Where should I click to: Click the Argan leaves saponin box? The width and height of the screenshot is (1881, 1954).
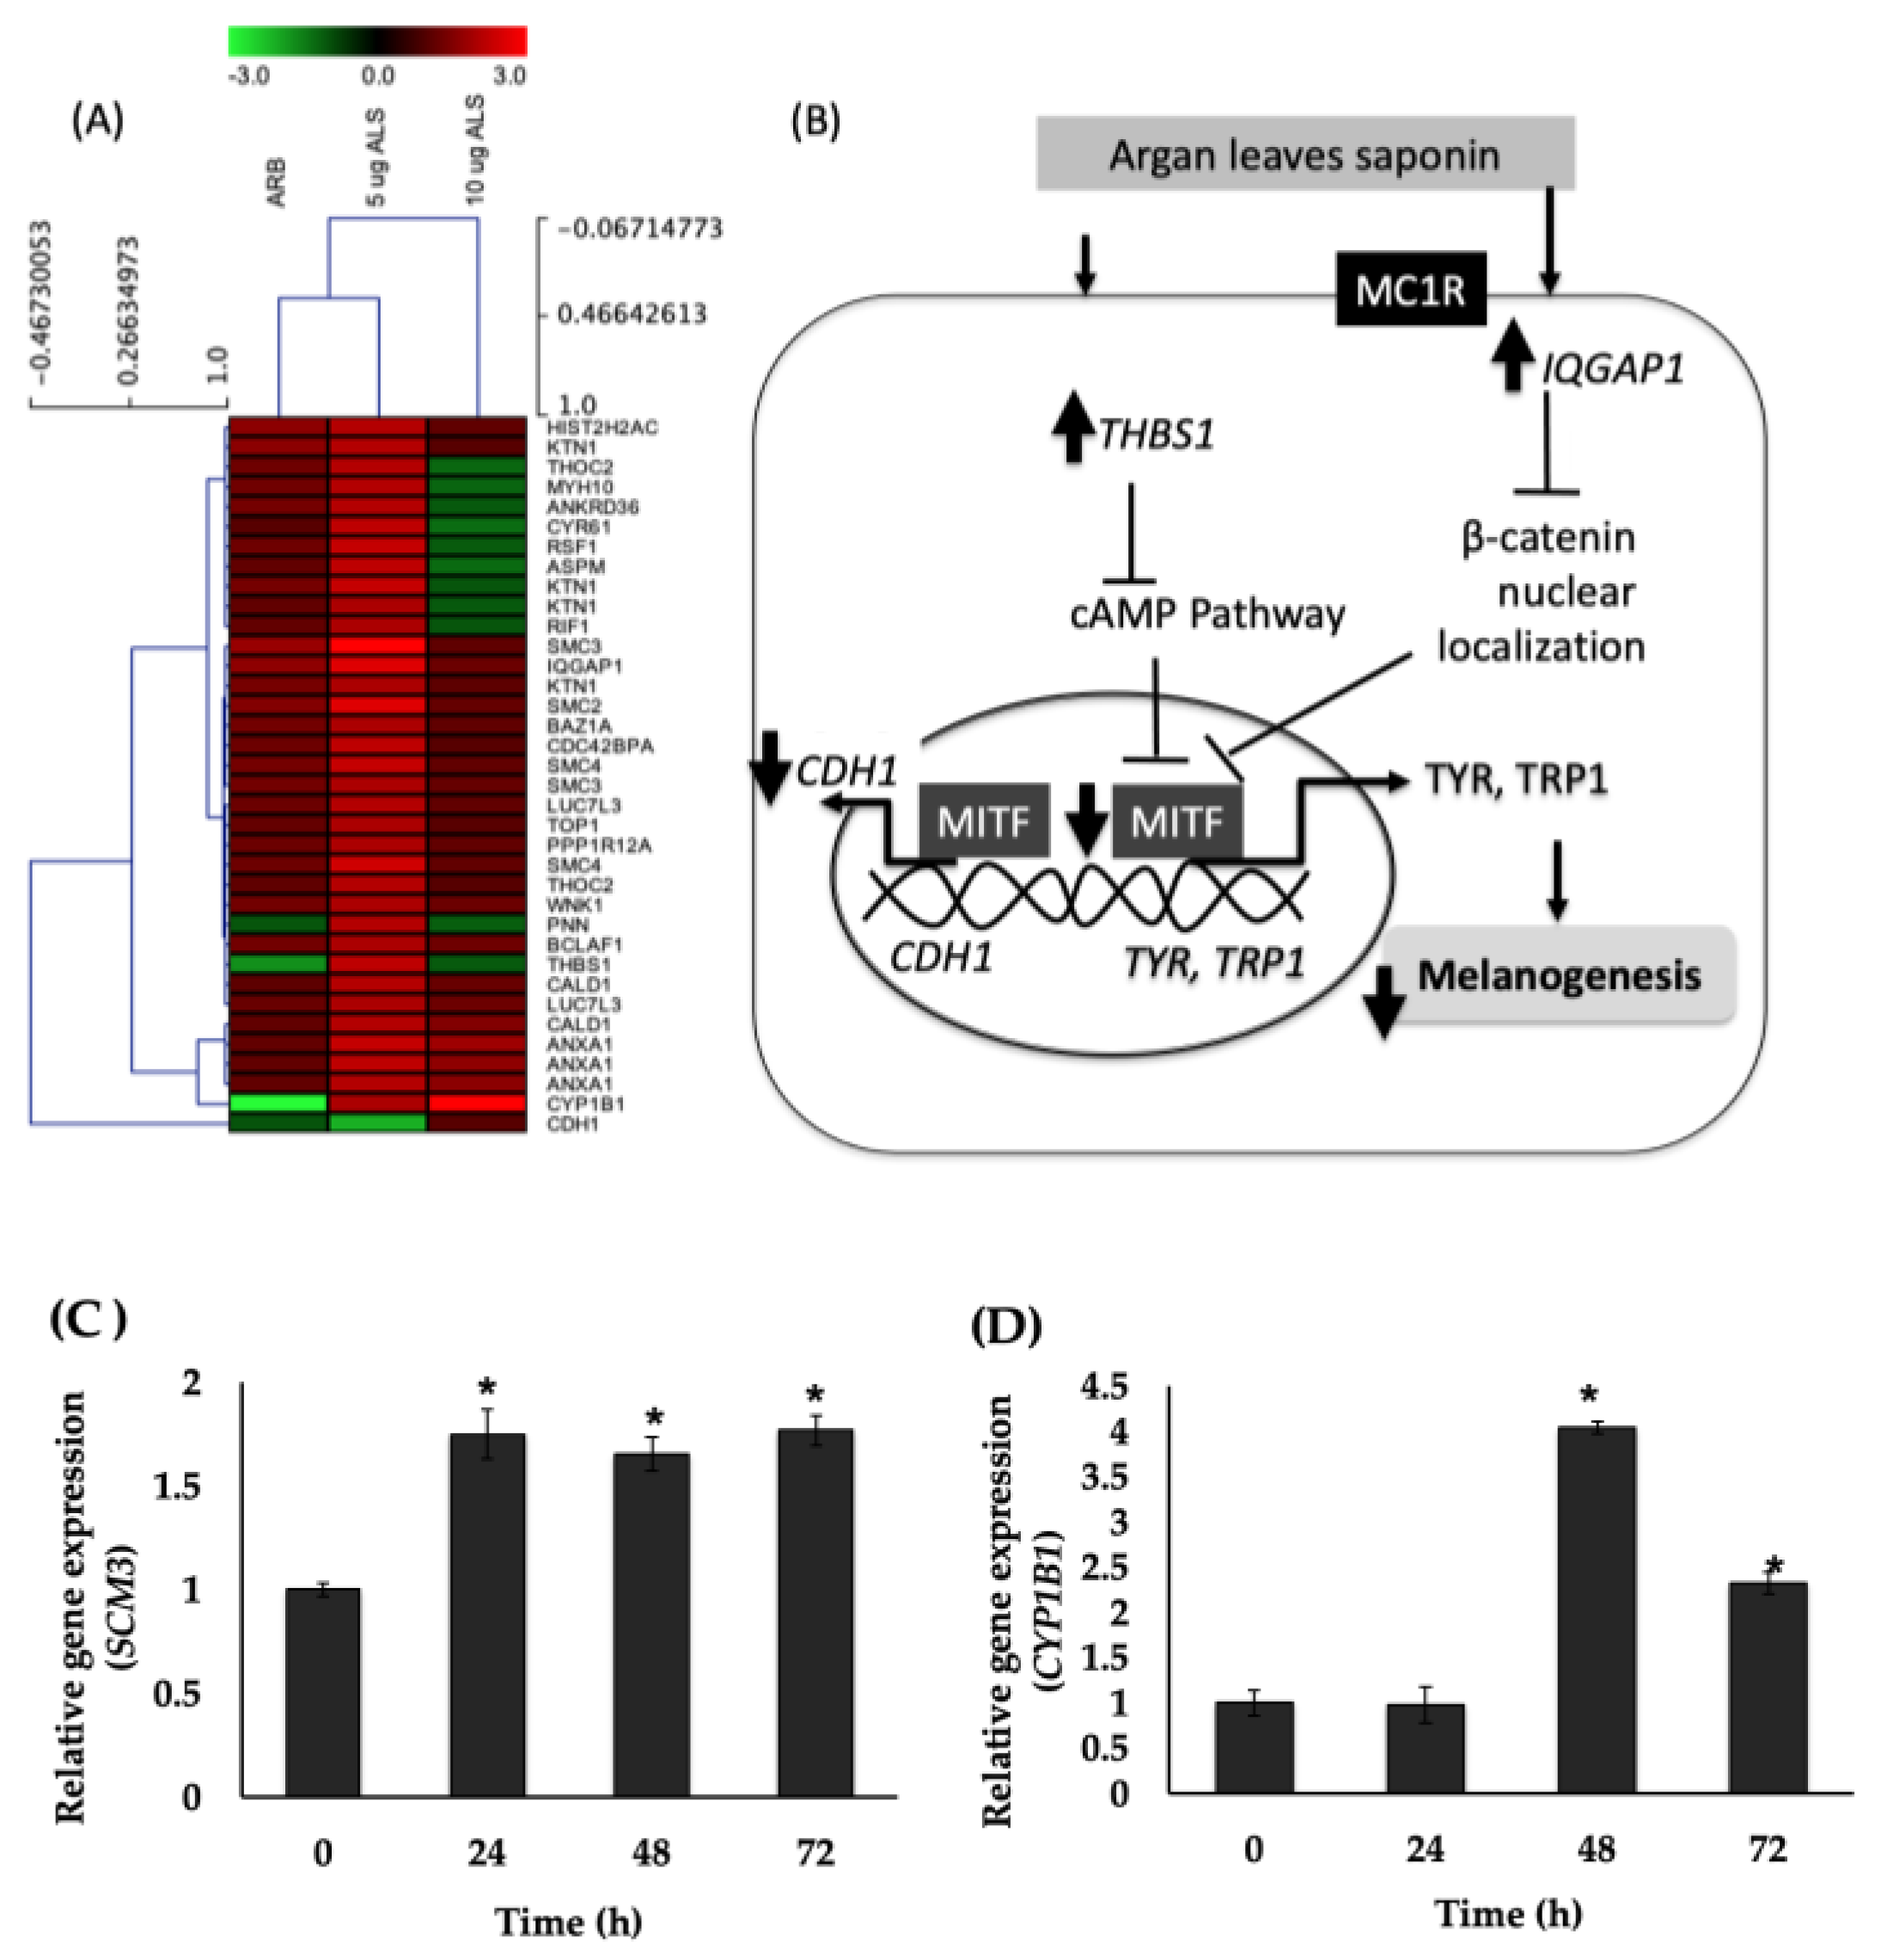pos(1304,154)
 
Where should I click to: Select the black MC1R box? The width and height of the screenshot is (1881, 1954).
pos(1409,289)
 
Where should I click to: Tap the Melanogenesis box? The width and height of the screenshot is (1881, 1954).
pos(1558,975)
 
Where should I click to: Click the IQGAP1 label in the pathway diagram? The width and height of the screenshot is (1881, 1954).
pos(1612,369)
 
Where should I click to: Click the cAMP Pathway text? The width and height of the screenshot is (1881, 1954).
pos(1206,614)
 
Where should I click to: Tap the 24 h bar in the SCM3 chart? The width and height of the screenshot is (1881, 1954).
pos(486,1615)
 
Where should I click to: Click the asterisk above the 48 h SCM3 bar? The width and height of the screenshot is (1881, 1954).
pos(654,1419)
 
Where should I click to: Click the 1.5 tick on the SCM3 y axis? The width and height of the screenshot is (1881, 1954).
pos(177,1486)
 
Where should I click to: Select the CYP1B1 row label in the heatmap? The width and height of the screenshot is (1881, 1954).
pos(585,1103)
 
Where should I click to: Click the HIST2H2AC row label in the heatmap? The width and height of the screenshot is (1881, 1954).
pos(602,428)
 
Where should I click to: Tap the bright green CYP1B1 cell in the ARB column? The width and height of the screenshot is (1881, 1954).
pos(278,1102)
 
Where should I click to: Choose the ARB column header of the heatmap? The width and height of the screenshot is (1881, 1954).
pos(276,182)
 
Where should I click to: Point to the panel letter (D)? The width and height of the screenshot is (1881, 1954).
pos(1005,1326)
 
